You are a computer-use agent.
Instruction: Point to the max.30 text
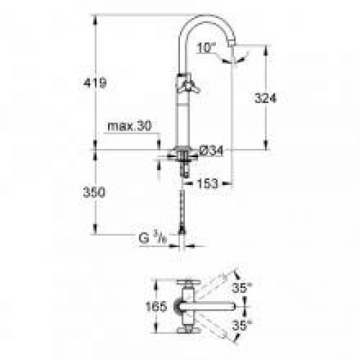click(130, 126)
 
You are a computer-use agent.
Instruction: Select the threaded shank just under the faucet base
click(186, 167)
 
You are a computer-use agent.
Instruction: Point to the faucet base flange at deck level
click(184, 151)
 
